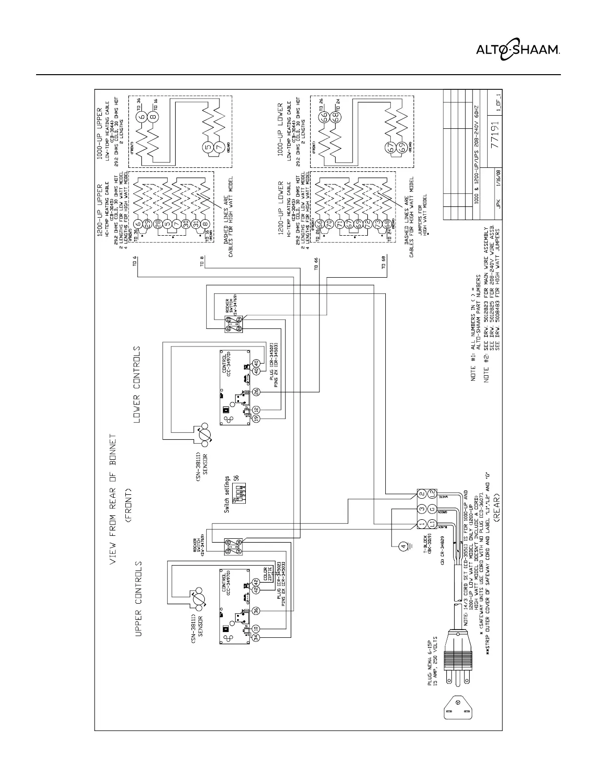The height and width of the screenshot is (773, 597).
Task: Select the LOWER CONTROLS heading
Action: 137,385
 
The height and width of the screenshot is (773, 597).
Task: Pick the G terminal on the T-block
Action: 432,509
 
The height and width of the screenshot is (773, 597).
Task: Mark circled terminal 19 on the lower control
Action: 256,418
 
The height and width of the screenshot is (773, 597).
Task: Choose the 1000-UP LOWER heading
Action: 280,129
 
